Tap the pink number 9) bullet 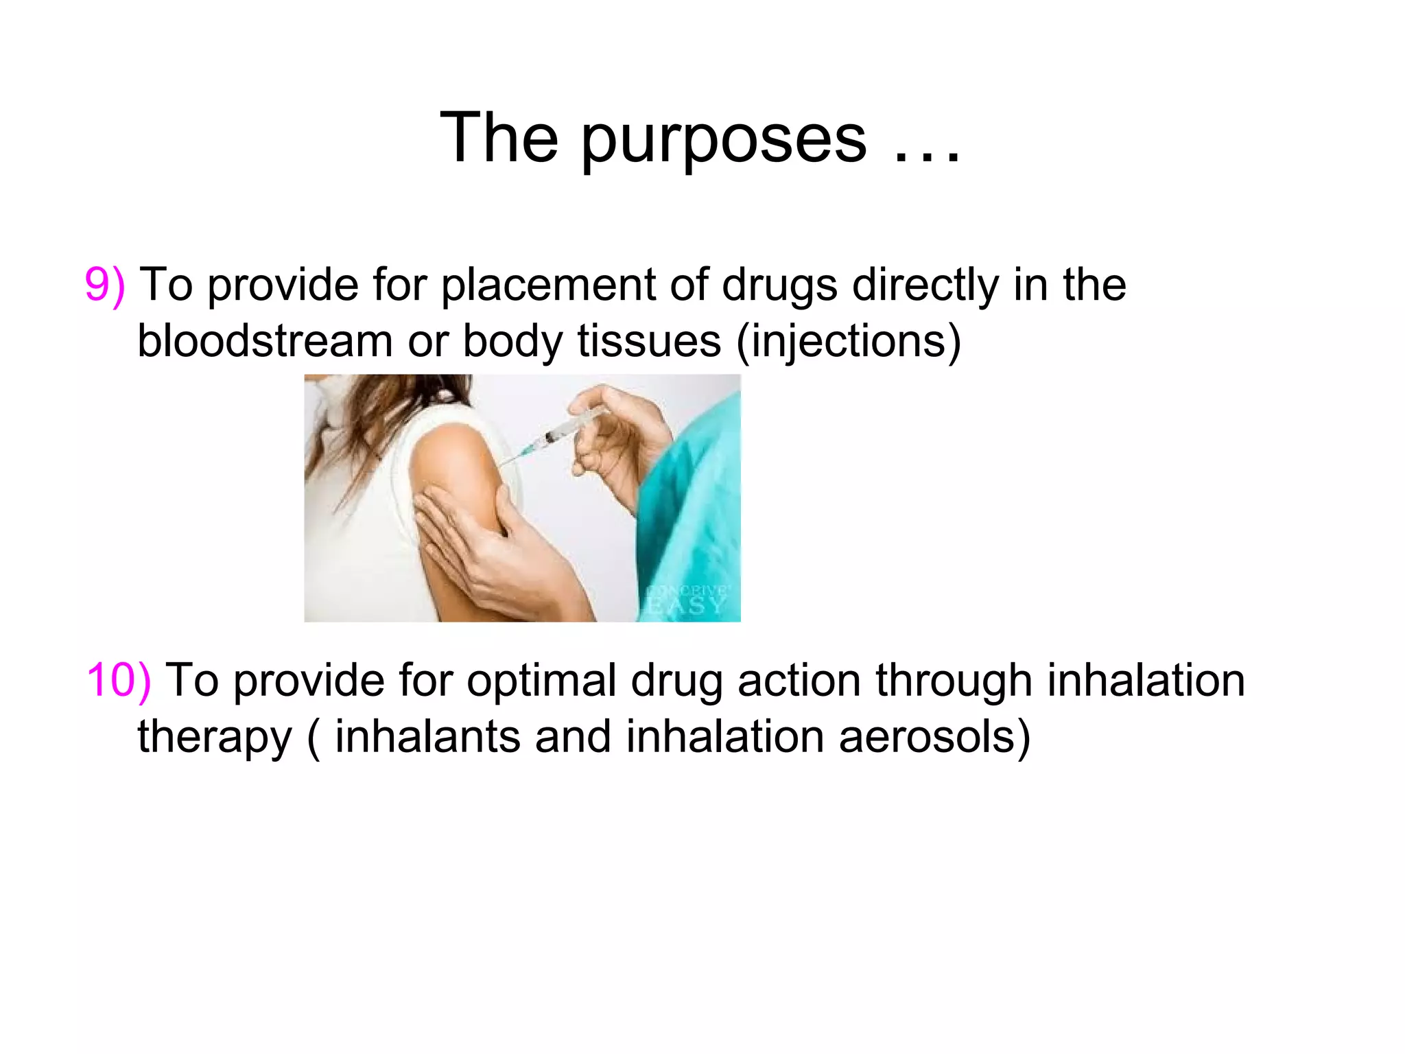105,285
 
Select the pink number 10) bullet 119,681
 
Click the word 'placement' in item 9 547,285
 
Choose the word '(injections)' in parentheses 848,341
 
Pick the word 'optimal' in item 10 542,681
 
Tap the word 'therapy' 215,738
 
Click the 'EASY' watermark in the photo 686,605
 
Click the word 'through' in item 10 954,681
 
